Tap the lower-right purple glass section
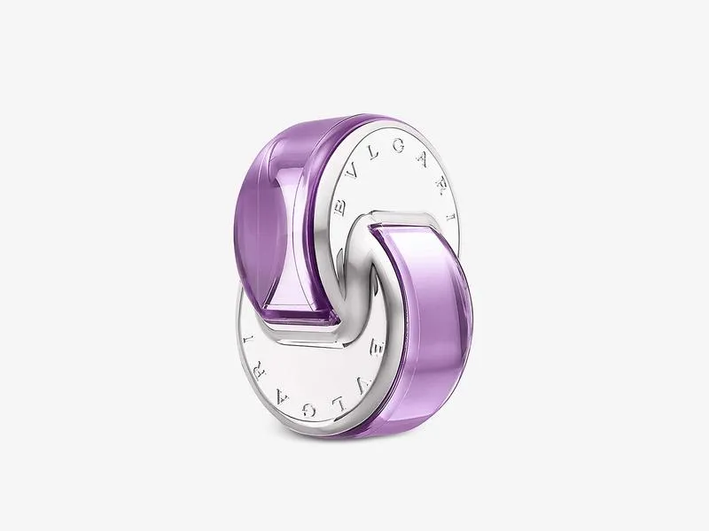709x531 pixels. (x=425, y=301)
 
